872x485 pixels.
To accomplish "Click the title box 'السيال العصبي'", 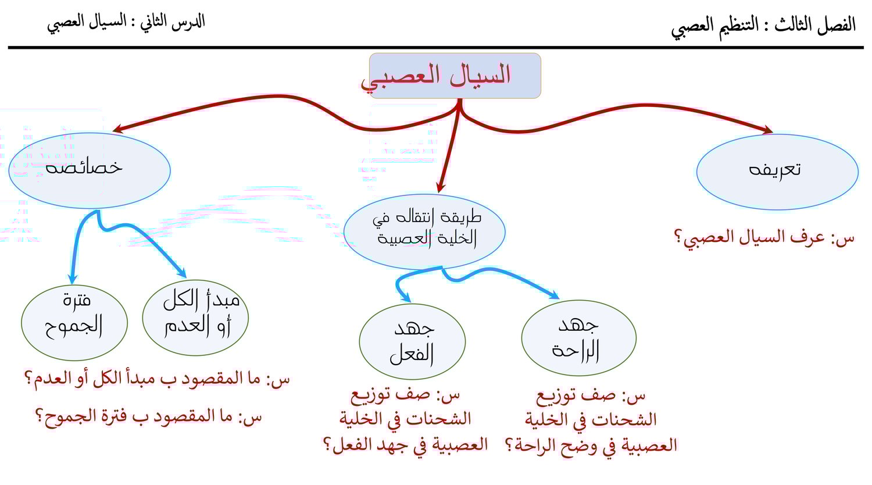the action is point(455,76).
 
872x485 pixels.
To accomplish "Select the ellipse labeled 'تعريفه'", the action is point(777,172).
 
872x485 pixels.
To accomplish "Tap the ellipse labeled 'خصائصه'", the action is point(90,170).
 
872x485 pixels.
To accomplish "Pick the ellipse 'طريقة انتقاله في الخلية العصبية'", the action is point(424,232).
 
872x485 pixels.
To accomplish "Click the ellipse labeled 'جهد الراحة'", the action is point(578,338).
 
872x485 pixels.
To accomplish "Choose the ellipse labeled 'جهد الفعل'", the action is point(412,341).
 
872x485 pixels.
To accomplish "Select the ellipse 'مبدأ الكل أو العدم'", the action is point(195,318).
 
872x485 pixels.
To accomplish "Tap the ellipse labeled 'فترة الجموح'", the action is point(74,322).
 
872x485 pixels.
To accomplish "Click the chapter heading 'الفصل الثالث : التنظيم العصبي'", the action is point(763,27).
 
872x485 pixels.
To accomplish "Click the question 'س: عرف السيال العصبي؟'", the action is point(764,237).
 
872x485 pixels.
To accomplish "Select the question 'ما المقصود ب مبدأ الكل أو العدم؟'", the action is point(158,379).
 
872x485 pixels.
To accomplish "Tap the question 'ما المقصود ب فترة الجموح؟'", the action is point(149,418).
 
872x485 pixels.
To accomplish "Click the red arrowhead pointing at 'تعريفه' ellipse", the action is point(768,130).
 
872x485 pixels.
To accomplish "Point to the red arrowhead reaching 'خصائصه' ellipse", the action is point(118,129).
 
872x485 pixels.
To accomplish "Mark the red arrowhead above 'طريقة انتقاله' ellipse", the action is point(440,187).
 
